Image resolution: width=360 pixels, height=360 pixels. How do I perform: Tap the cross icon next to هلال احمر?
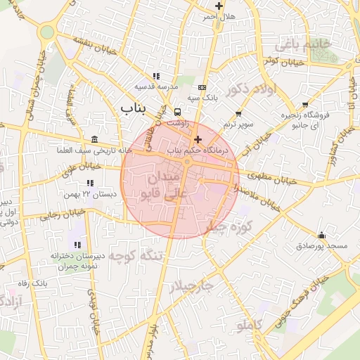coord(220,6)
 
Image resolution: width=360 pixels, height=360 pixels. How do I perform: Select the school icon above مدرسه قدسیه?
coord(156,76)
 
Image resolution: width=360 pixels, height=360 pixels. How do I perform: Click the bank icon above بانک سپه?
coord(202,87)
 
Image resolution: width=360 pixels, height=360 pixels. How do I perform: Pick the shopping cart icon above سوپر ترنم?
coord(238,113)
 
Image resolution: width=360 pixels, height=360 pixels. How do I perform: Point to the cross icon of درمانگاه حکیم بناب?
coord(198,139)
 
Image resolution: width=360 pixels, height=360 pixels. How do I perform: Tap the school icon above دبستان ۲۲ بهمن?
coord(89,184)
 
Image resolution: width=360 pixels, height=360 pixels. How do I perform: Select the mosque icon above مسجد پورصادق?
coord(322,235)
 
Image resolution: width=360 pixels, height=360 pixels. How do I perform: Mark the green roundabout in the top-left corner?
coord(47,32)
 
